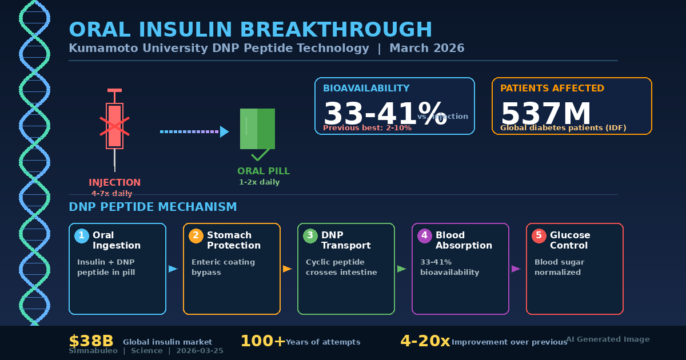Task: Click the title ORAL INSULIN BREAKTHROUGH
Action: click(250, 30)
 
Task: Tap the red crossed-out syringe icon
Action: click(114, 126)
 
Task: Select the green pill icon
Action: click(257, 129)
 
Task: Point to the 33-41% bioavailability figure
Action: click(384, 113)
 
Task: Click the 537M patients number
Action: click(545, 113)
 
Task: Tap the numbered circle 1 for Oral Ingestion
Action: click(82, 235)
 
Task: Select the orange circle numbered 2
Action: click(196, 235)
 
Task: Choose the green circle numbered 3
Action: click(310, 235)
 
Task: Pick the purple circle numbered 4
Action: click(425, 235)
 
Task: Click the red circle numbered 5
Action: click(539, 235)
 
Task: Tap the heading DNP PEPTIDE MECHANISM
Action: click(153, 207)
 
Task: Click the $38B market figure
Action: click(91, 341)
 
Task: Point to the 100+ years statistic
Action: click(262, 341)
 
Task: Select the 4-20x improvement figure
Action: click(425, 341)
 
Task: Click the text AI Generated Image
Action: click(608, 339)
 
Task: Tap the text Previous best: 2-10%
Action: click(367, 128)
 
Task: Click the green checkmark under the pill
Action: click(260, 155)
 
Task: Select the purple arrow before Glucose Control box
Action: click(516, 269)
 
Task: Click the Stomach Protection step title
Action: click(233, 241)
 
